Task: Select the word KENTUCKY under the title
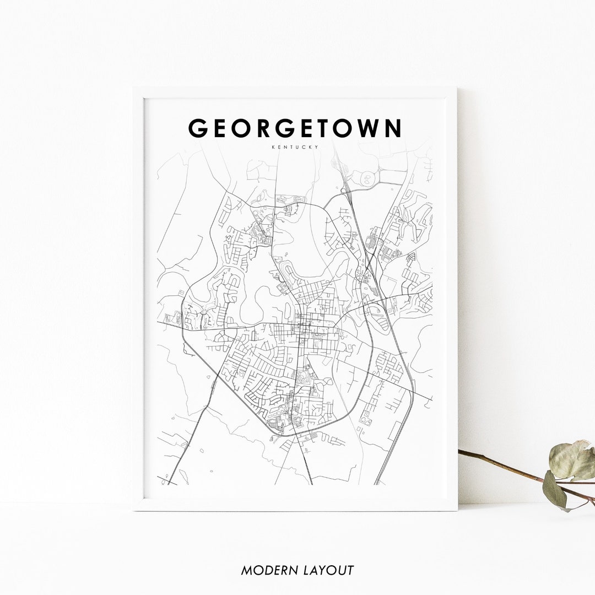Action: (x=295, y=147)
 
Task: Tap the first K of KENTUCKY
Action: (x=273, y=147)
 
